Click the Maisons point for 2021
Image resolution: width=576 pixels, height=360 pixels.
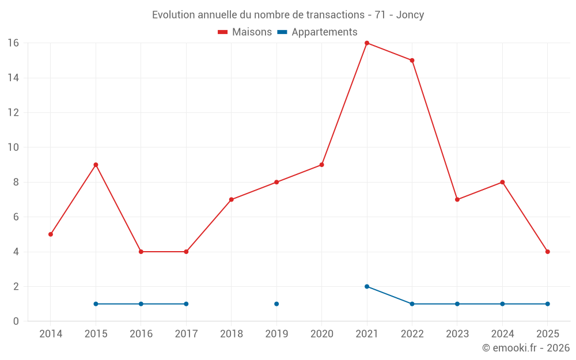click(367, 43)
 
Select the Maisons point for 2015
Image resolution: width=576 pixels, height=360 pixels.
click(96, 165)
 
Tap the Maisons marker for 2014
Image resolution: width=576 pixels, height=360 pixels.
click(51, 234)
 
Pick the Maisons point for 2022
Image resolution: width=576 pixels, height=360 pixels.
click(412, 60)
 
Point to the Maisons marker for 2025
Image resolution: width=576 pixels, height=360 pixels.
click(547, 252)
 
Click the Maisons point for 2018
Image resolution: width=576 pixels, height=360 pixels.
click(231, 200)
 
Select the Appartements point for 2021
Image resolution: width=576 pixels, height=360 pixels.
click(367, 286)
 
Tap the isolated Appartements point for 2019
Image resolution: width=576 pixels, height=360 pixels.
click(276, 304)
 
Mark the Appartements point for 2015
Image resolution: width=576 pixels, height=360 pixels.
click(96, 304)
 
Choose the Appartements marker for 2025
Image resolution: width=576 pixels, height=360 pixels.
click(547, 304)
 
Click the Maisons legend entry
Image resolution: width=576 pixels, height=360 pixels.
click(245, 32)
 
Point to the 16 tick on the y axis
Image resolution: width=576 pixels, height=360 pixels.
click(13, 43)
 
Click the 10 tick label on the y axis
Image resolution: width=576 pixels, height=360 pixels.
click(13, 147)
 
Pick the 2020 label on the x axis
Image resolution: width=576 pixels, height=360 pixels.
click(322, 334)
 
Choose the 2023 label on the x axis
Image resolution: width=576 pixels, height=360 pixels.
click(457, 334)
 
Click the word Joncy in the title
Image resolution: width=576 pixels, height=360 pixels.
click(410, 15)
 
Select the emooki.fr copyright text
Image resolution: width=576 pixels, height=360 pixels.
click(525, 348)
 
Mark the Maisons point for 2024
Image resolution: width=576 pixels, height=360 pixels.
click(502, 182)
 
